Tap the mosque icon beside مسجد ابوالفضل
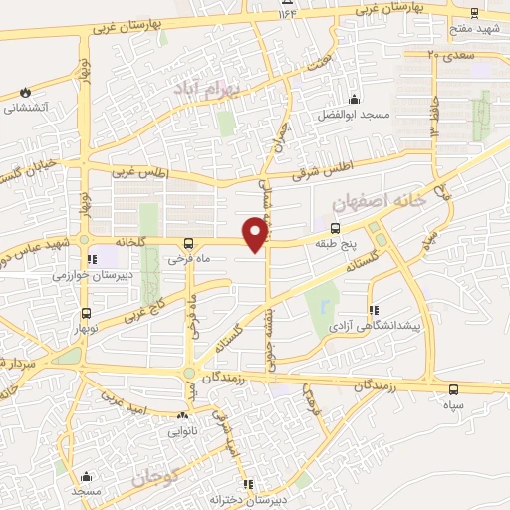tap(354, 99)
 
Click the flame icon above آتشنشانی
tap(25, 92)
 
